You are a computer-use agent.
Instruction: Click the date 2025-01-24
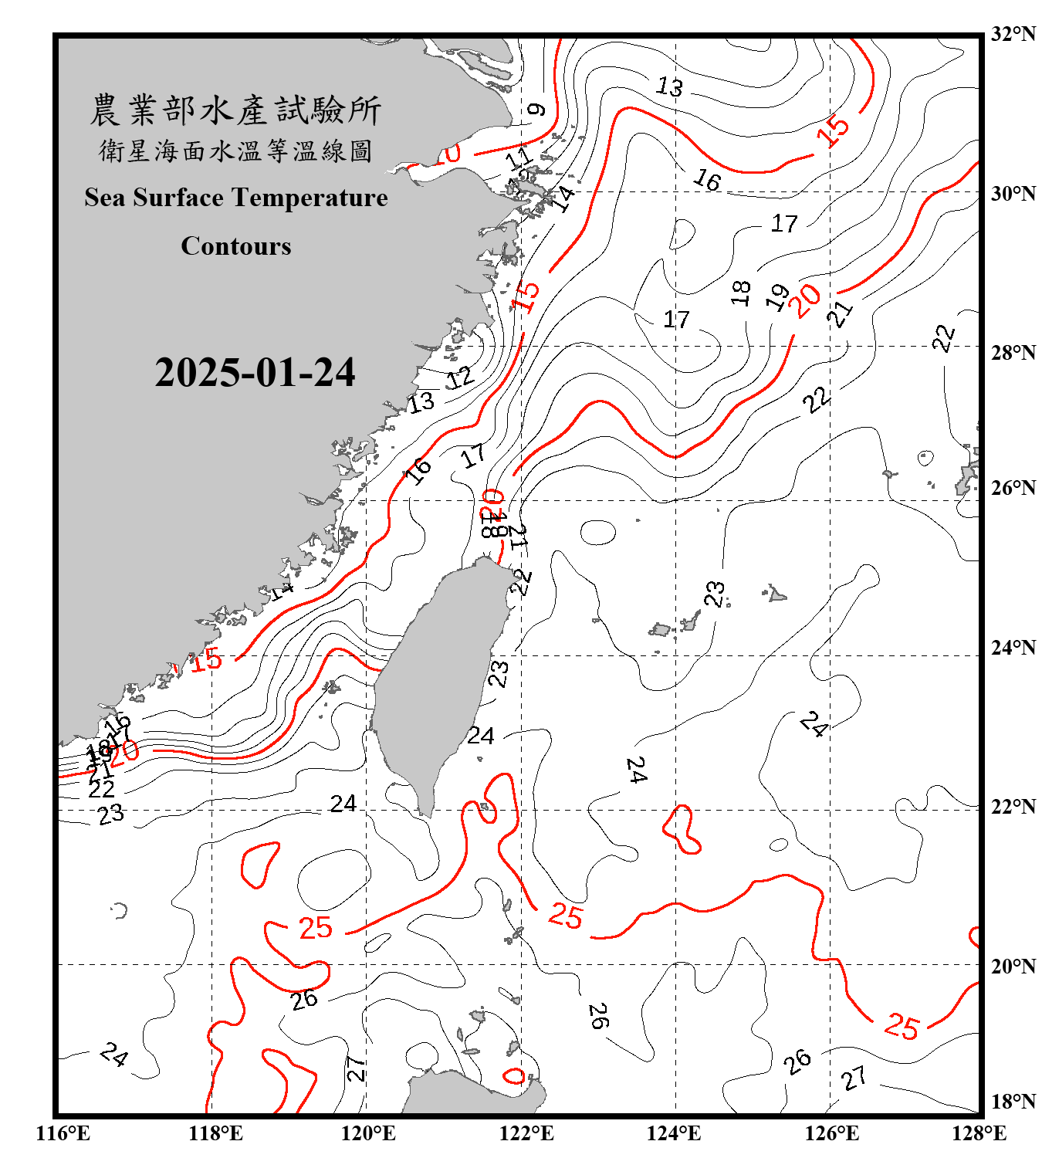(255, 373)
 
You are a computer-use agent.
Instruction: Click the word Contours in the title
(236, 245)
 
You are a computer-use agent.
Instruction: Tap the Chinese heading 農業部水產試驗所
(235, 110)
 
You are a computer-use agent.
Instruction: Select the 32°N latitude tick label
(1013, 34)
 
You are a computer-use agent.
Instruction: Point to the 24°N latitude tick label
(1013, 647)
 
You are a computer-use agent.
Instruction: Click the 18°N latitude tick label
(1013, 1101)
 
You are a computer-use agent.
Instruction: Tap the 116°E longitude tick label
(63, 1133)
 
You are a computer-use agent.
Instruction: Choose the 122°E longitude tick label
(526, 1133)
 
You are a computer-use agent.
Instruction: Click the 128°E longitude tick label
(979, 1133)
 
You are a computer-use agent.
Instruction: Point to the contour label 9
(536, 110)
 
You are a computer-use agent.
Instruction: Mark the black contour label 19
(778, 296)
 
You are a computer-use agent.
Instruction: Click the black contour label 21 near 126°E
(841, 313)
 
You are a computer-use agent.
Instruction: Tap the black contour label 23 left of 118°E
(110, 814)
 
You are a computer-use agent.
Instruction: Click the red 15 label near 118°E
(206, 660)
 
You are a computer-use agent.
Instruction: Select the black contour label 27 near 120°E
(355, 1068)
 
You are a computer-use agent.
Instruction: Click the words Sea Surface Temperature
(236, 198)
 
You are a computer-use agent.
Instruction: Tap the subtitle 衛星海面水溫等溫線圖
(235, 151)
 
